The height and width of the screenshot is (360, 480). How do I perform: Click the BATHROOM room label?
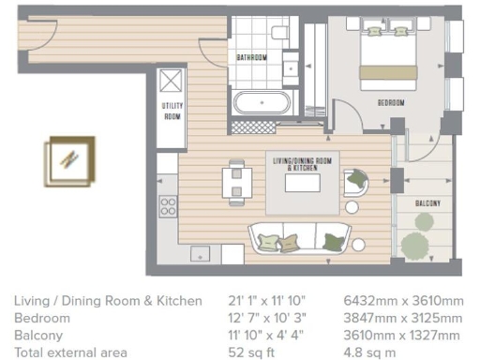(x=251, y=57)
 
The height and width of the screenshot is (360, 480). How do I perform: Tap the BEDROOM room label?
(x=391, y=102)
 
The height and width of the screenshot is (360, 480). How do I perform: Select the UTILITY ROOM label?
(x=172, y=112)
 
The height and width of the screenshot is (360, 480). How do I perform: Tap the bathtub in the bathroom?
(x=262, y=101)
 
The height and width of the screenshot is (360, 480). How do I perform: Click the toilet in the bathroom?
(x=278, y=34)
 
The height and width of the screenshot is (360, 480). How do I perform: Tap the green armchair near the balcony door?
(x=356, y=179)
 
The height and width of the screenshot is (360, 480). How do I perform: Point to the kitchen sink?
(x=203, y=253)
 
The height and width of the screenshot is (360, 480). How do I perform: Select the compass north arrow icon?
(x=71, y=157)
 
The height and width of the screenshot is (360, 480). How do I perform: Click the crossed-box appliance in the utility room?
(x=172, y=79)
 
